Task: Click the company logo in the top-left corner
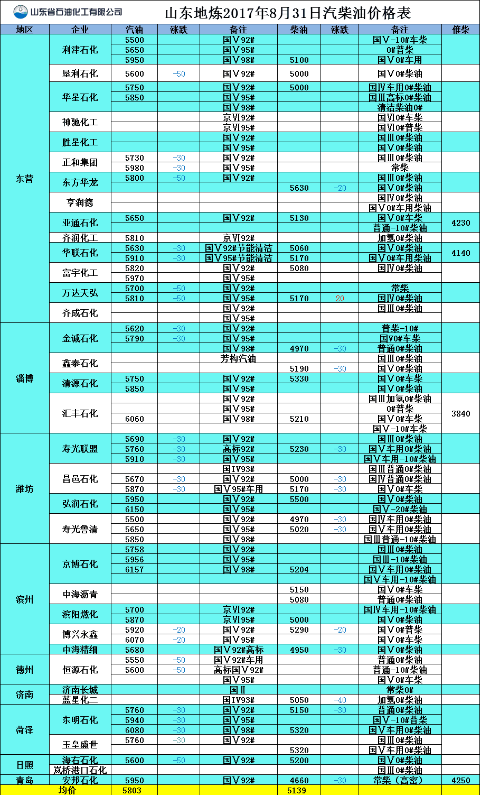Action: [x=21, y=12]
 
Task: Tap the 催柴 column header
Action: [x=460, y=30]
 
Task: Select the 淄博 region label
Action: [x=24, y=378]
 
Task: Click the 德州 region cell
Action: [x=24, y=670]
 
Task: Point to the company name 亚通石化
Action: [x=80, y=223]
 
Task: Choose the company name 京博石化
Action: [x=80, y=564]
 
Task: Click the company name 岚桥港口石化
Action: [x=80, y=770]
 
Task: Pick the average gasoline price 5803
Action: [x=134, y=790]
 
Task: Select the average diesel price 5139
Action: [x=299, y=790]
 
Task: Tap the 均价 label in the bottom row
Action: [x=67, y=790]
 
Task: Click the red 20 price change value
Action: [x=339, y=299]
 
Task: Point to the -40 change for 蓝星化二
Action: [x=339, y=700]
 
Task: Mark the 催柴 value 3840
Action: [x=460, y=414]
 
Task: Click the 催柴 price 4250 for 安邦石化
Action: [x=460, y=780]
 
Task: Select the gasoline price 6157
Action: [x=134, y=569]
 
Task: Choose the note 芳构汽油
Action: [x=238, y=358]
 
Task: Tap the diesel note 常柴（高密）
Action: [x=400, y=780]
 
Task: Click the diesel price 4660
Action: [x=299, y=780]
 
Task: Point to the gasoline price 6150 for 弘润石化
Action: [x=134, y=509]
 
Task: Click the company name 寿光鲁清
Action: [x=80, y=529]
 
